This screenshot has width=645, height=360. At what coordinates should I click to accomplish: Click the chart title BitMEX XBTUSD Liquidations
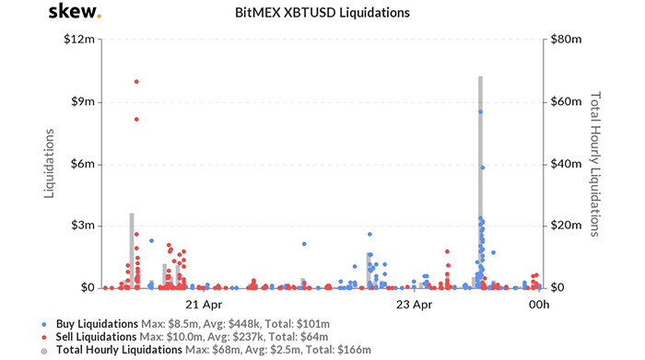pyautogui.click(x=322, y=14)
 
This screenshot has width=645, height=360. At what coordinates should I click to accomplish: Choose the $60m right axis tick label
pyautogui.click(x=565, y=102)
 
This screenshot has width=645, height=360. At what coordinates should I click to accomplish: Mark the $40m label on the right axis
pyautogui.click(x=565, y=164)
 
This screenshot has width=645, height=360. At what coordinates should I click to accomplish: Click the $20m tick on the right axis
pyautogui.click(x=565, y=226)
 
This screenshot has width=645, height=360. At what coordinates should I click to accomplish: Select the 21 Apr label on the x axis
pyautogui.click(x=203, y=304)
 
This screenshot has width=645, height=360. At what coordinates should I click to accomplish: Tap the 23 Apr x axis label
pyautogui.click(x=414, y=304)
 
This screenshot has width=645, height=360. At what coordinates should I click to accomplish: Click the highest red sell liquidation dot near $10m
pyautogui.click(x=136, y=81)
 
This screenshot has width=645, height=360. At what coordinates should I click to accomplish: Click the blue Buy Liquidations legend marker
pyautogui.click(x=44, y=324)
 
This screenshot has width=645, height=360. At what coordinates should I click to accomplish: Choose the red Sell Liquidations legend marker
pyautogui.click(x=44, y=337)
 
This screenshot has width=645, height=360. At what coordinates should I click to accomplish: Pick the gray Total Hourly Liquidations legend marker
pyautogui.click(x=44, y=350)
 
